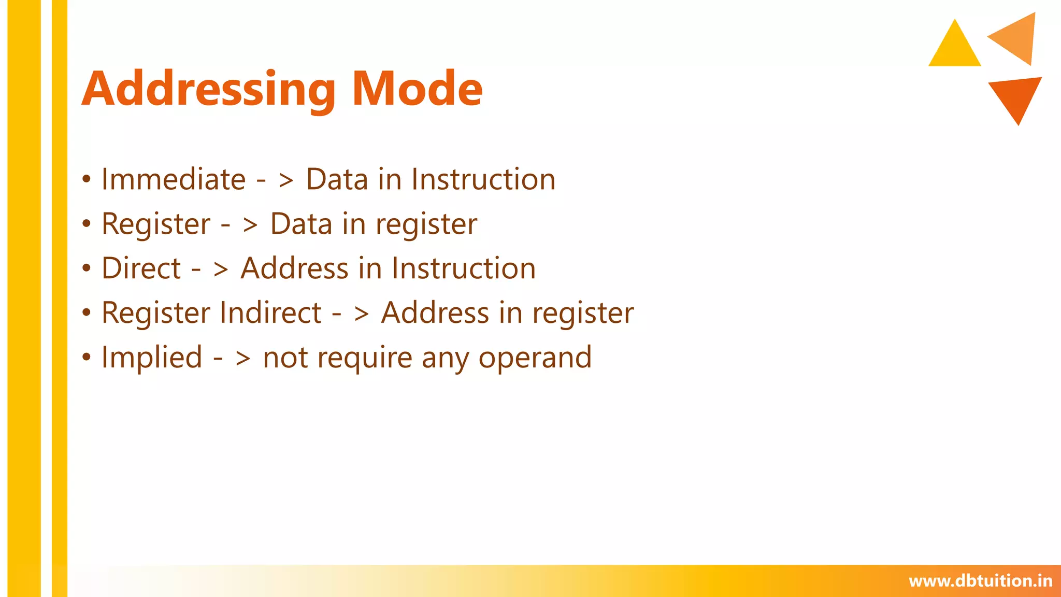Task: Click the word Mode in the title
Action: pyautogui.click(x=417, y=89)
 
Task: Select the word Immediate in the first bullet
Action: pyautogui.click(x=173, y=180)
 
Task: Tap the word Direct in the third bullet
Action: pyautogui.click(x=141, y=268)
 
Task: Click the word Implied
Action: pyautogui.click(x=151, y=358)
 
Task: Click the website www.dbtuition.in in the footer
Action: pyautogui.click(x=980, y=581)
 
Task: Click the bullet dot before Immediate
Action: pyautogui.click(x=87, y=180)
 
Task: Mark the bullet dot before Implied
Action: pyautogui.click(x=87, y=358)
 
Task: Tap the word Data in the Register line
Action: pyautogui.click(x=300, y=224)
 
